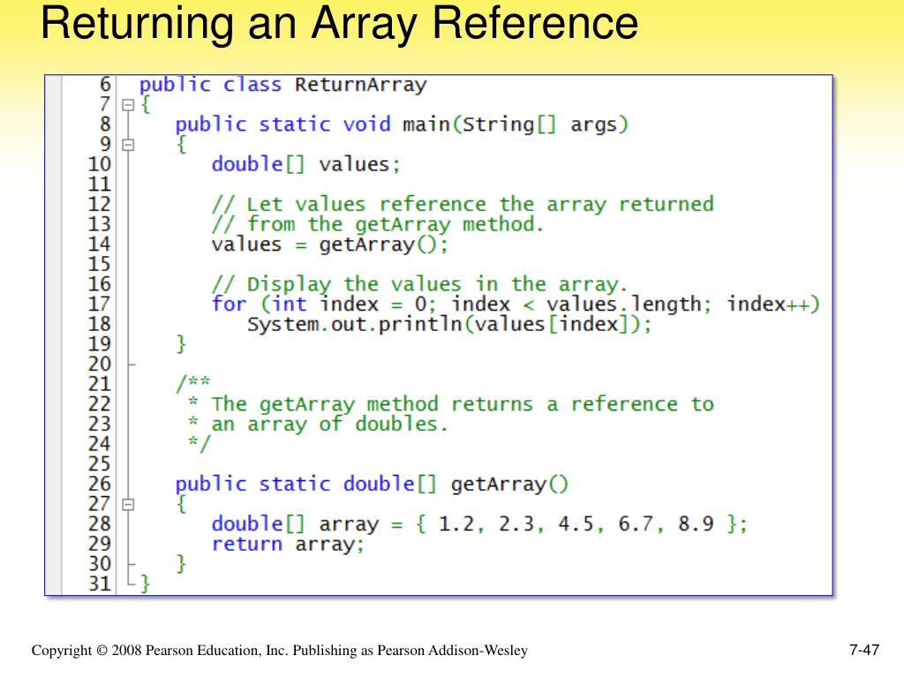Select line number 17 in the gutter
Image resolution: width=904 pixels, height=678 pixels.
pos(101,304)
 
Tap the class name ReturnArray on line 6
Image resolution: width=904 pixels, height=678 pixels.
pos(360,85)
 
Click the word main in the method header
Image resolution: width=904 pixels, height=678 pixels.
pos(426,124)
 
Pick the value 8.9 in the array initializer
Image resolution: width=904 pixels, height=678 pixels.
pos(696,524)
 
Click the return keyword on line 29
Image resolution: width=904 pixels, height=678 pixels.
pos(247,544)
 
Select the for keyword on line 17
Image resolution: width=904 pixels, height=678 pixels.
pos(229,304)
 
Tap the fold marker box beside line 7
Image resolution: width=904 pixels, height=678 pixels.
pos(128,105)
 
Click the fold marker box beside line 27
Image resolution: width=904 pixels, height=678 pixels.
pos(128,504)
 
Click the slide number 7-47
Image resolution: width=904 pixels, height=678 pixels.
pos(864,652)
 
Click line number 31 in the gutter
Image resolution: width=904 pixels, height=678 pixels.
pos(101,583)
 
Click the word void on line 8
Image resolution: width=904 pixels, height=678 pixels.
pos(366,124)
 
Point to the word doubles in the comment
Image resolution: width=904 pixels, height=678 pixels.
pos(402,424)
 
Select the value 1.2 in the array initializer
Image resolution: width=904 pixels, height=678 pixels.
pos(456,524)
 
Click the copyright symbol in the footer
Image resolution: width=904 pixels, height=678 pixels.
pos(102,652)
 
